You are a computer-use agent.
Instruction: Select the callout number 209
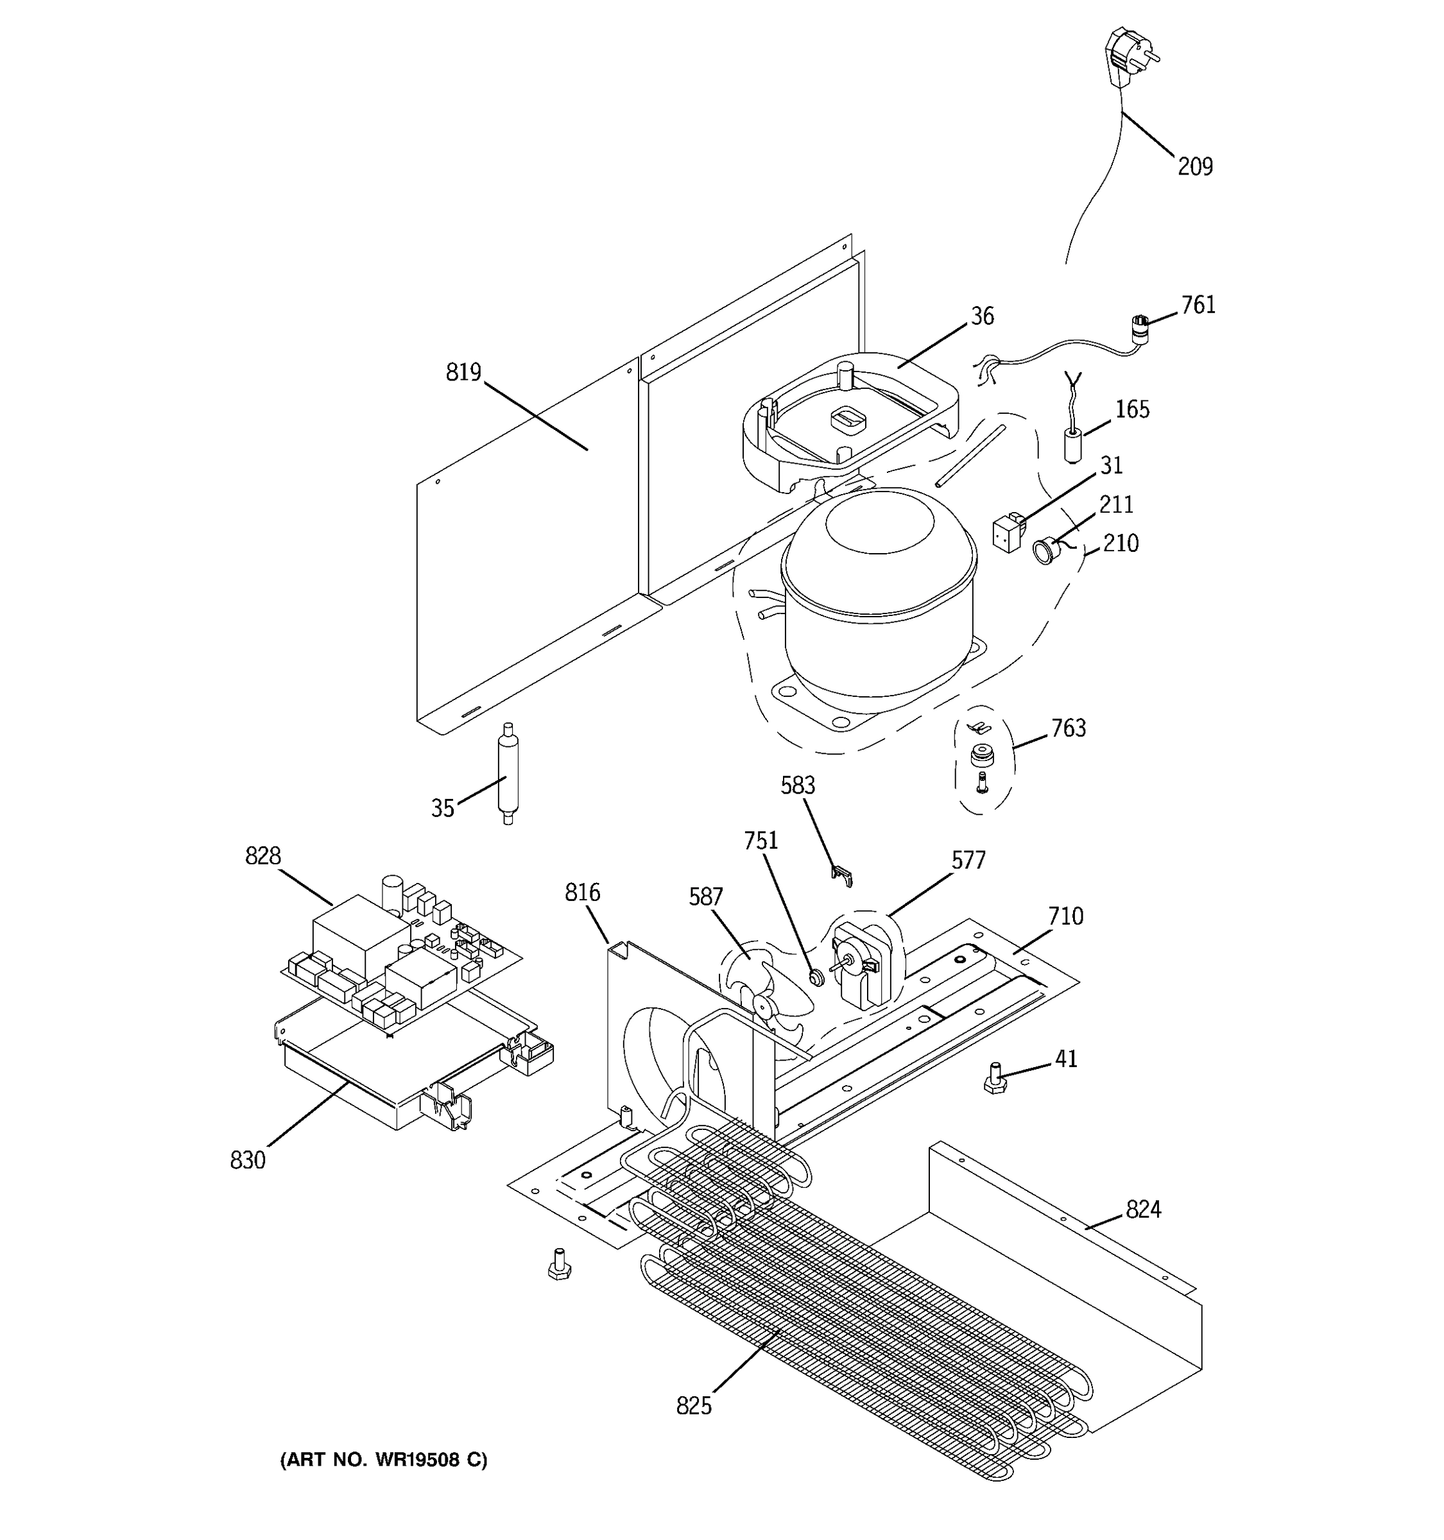click(1194, 167)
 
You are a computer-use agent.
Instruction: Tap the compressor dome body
click(875, 597)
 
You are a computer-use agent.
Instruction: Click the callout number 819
click(463, 373)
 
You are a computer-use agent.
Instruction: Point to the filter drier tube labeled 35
click(508, 773)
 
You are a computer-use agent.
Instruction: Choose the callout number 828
click(262, 856)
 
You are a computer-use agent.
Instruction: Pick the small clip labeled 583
click(842, 876)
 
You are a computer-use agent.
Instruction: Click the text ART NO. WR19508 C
click(384, 1460)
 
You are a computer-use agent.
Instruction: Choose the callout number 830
click(247, 1160)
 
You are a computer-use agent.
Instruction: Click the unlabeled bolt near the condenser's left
click(558, 1264)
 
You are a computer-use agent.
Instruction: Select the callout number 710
click(1065, 916)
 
